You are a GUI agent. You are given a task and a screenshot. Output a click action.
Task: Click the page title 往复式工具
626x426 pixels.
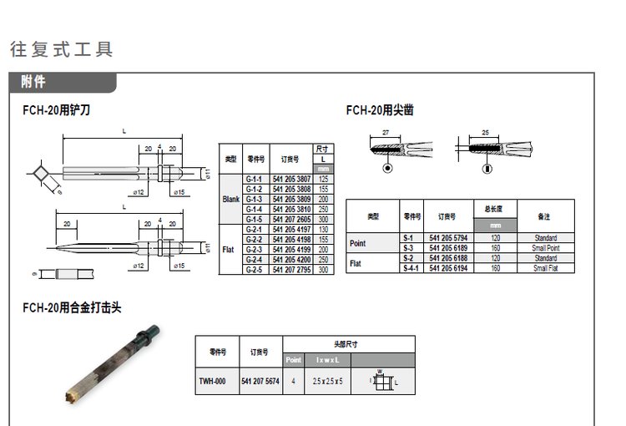(x=62, y=49)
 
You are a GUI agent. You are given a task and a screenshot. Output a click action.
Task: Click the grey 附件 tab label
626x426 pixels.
(x=34, y=82)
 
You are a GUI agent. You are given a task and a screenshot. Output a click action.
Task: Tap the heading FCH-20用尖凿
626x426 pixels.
(x=380, y=110)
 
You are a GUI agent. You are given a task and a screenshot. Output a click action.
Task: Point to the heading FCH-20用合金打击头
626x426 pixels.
(x=72, y=307)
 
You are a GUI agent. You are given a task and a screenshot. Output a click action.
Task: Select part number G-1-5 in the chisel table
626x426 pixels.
(x=255, y=217)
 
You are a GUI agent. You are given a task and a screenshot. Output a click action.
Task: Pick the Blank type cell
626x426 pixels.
(x=231, y=199)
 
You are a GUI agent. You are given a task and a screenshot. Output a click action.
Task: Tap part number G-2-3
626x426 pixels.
(x=255, y=250)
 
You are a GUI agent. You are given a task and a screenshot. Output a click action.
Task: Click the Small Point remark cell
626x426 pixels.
(x=544, y=248)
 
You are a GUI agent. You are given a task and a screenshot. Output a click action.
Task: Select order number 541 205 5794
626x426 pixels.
(x=448, y=238)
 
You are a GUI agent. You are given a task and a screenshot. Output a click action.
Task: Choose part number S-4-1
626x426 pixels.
(x=408, y=267)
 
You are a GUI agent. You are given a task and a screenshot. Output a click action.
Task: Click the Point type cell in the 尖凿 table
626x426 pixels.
(x=357, y=243)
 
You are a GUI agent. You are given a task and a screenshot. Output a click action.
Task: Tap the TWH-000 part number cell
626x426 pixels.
(x=212, y=381)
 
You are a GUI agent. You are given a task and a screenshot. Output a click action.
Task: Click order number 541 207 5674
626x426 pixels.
(x=260, y=381)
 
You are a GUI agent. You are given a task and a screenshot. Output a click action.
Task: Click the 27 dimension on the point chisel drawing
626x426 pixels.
(x=386, y=133)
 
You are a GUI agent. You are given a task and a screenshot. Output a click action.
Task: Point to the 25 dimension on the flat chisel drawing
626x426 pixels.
(x=485, y=133)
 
